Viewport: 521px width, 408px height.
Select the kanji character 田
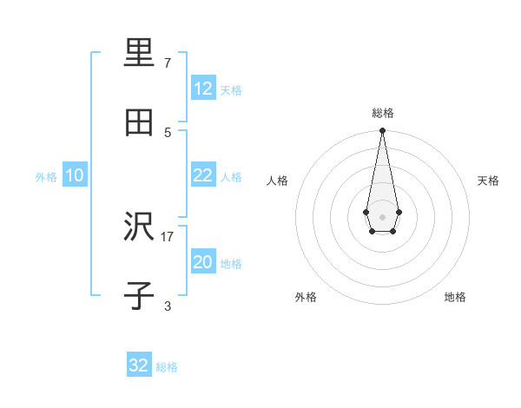(139, 122)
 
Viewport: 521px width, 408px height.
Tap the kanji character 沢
(139, 227)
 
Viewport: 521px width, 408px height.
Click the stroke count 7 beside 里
(168, 63)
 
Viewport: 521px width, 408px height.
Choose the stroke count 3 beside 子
(168, 306)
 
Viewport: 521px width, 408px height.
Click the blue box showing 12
(202, 89)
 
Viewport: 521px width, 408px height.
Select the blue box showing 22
(202, 175)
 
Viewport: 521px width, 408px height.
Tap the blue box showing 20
(202, 263)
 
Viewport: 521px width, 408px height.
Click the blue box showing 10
(75, 175)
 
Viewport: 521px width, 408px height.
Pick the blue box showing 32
(139, 365)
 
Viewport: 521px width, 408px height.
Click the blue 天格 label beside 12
(231, 90)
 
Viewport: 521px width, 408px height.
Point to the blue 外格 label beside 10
(46, 177)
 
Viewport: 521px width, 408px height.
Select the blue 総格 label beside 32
(167, 367)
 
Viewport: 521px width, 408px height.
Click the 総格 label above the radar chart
(383, 113)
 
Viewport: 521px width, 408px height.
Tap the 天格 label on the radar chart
(489, 181)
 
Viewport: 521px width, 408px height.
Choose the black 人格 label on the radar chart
(277, 181)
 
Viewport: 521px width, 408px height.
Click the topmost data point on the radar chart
(382, 131)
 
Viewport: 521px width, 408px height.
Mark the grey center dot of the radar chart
(382, 216)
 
